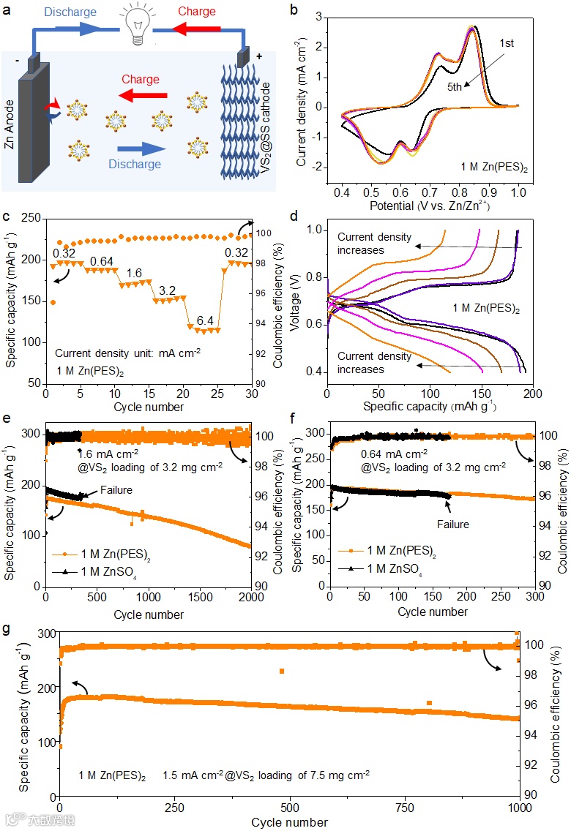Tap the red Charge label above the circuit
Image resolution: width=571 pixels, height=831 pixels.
(197, 11)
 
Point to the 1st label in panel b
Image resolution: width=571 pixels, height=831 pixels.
(506, 43)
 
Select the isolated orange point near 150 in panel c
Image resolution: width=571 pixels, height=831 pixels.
(53, 301)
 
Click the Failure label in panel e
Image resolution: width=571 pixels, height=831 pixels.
(116, 490)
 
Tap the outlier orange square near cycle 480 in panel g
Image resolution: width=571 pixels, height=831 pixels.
(281, 671)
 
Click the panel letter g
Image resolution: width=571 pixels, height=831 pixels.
(7, 628)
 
